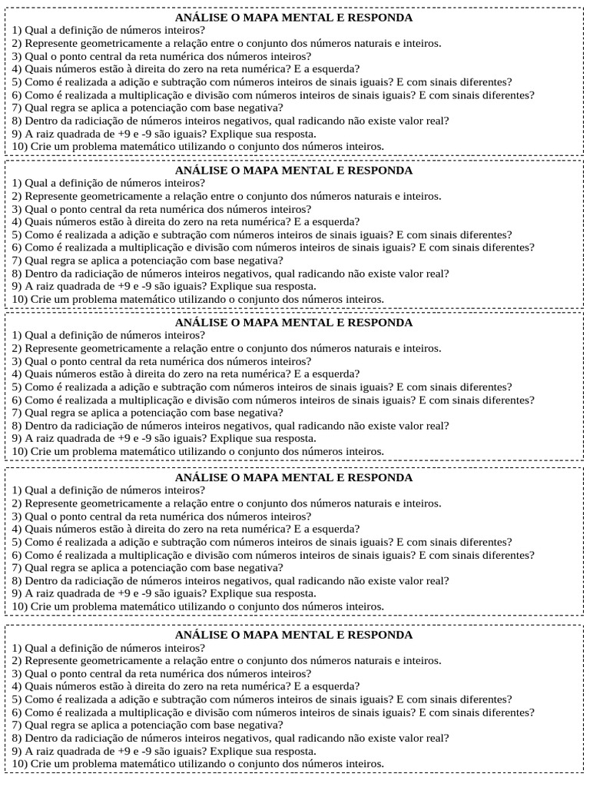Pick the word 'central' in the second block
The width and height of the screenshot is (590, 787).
(x=104, y=209)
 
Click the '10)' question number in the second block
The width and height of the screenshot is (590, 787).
(x=20, y=299)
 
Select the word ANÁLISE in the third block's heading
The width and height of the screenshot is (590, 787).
(x=202, y=323)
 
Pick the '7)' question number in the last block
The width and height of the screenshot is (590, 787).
(x=17, y=725)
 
